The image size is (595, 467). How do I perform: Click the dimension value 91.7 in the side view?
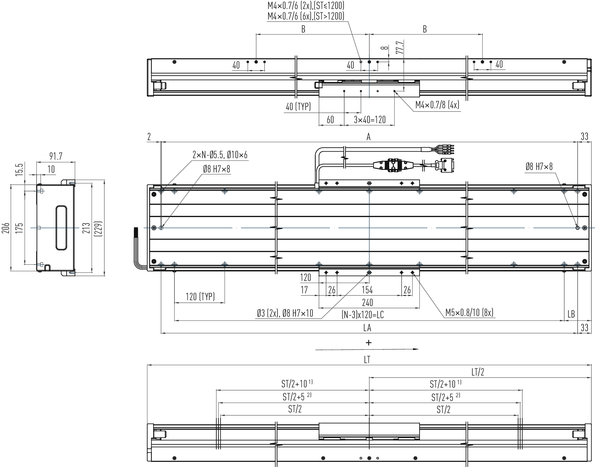coord(56,156)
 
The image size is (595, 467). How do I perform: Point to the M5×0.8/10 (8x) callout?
coord(469,313)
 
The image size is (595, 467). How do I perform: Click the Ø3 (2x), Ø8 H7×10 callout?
coord(285,313)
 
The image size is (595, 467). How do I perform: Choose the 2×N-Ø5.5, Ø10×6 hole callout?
coord(220,154)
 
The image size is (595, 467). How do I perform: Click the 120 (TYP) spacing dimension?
coord(200,296)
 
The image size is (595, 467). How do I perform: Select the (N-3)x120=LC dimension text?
coord(363,315)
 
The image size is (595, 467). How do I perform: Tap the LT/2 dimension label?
coord(478,372)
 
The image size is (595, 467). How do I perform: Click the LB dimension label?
coord(571,314)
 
